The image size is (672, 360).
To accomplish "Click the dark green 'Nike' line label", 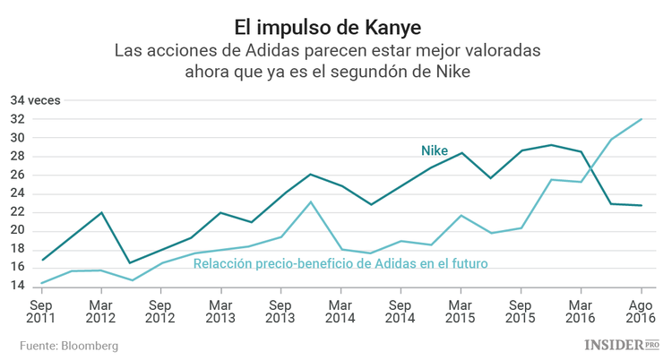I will pyautogui.click(x=435, y=150).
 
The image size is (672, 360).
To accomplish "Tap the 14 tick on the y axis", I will pyautogui.click(x=17, y=286).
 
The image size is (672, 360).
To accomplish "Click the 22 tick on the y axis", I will pyautogui.click(x=17, y=212).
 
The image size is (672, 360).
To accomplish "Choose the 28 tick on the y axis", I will pyautogui.click(x=17, y=157).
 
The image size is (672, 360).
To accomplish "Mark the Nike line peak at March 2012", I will pyautogui.click(x=101, y=212).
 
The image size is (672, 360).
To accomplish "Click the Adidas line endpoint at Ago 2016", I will pyautogui.click(x=640, y=119).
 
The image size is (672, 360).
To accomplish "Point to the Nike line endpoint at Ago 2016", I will pyautogui.click(x=640, y=205).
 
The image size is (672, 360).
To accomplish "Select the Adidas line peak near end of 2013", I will pyautogui.click(x=310, y=201).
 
